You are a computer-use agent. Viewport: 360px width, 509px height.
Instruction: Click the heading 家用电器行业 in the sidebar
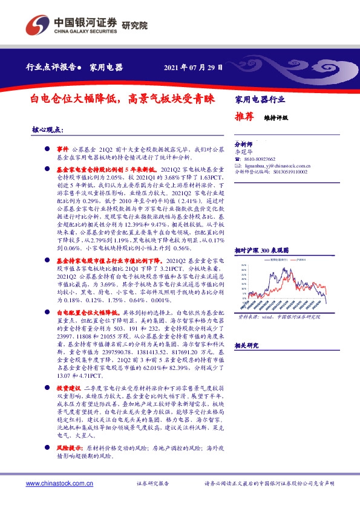click(x=260, y=99)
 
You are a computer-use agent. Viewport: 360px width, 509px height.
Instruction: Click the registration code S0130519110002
click(x=286, y=172)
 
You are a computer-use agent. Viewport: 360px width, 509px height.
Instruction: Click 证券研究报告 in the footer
click(x=153, y=484)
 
